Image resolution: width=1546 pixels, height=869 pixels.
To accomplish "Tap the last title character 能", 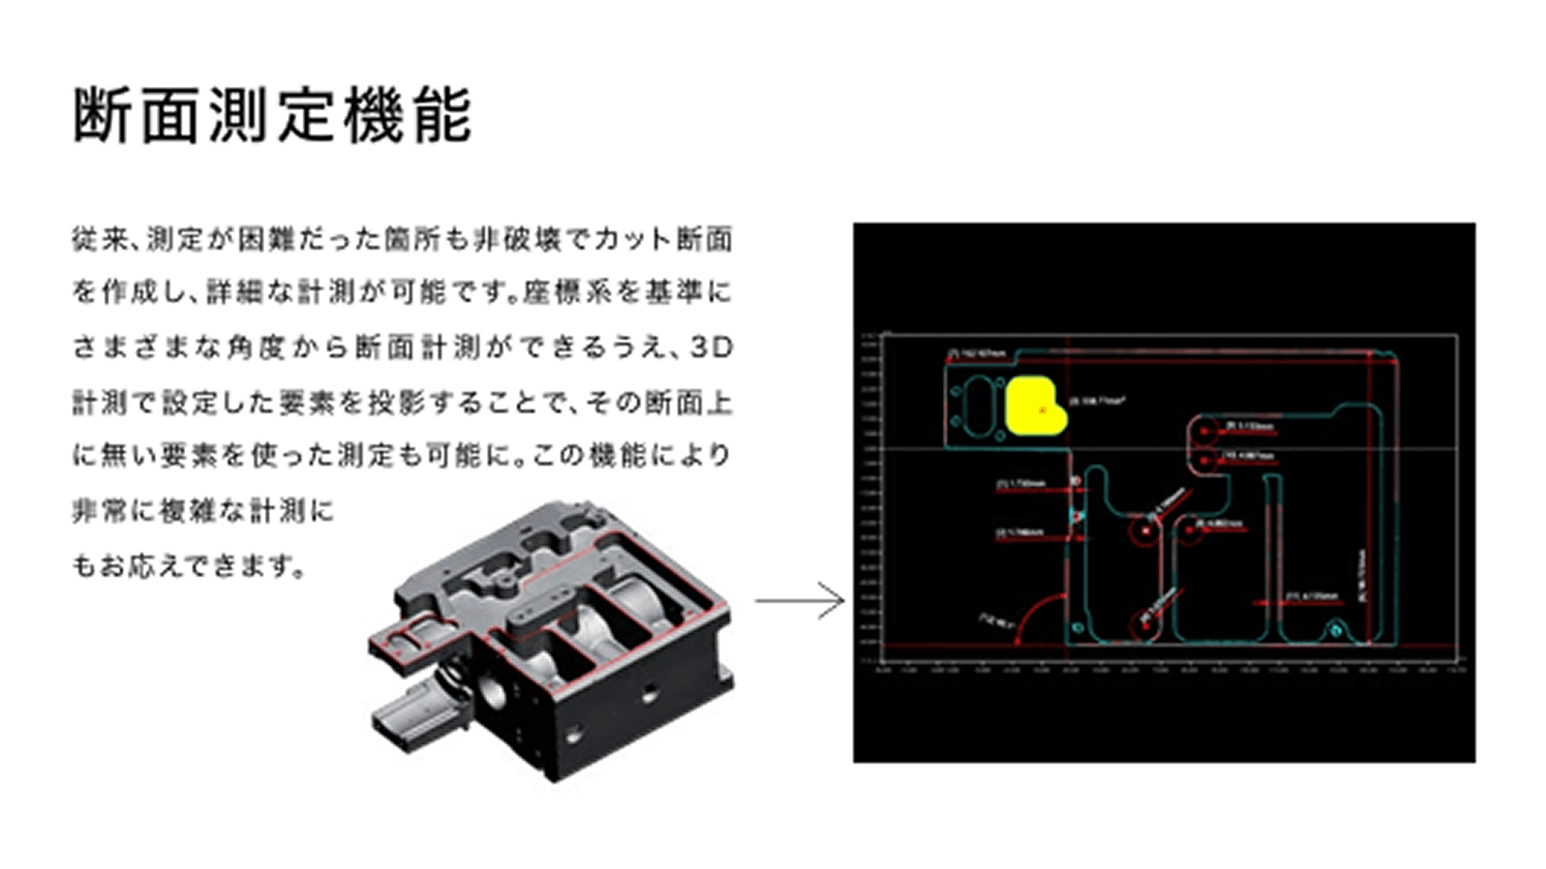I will (443, 116).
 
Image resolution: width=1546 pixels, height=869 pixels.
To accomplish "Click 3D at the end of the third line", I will (711, 348).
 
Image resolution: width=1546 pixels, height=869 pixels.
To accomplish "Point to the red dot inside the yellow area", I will (1042, 410).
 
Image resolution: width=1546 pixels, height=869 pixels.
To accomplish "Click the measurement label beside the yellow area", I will (1098, 401).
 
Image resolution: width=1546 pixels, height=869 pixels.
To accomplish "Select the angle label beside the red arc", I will (997, 621).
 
